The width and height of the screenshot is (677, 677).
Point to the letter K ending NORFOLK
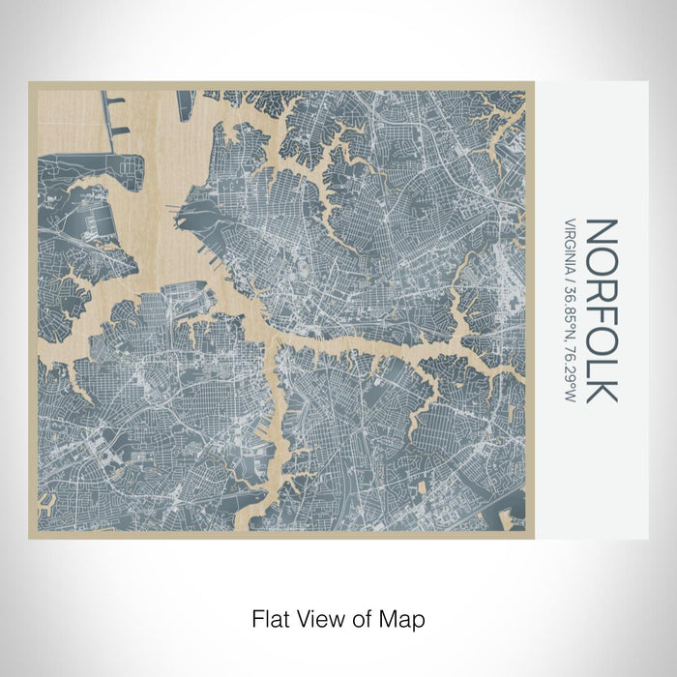601,388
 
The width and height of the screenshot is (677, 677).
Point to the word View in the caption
319,617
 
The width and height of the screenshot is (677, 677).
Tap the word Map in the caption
406,617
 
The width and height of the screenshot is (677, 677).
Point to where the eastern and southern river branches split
270,343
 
